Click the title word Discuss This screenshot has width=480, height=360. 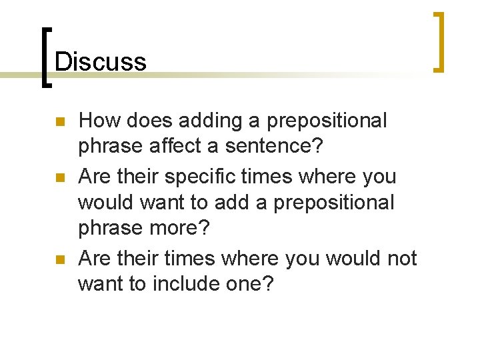pos(100,61)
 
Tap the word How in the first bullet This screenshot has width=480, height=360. pos(96,121)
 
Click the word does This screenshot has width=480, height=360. pos(141,121)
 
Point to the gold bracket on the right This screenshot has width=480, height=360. pos(439,41)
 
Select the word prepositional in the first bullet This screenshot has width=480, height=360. pos(327,121)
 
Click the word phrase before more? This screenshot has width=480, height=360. pos(110,227)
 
